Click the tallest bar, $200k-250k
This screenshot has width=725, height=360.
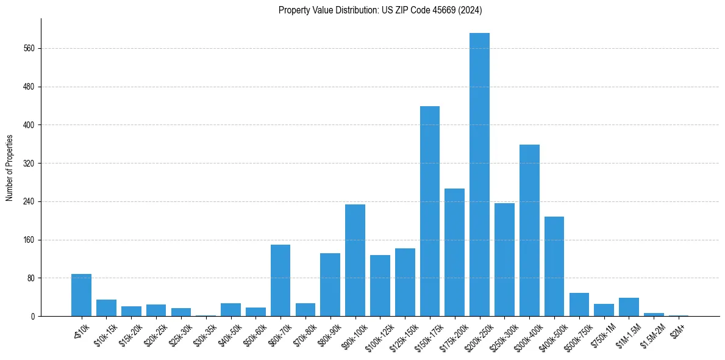(479, 175)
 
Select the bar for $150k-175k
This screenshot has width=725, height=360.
(430, 211)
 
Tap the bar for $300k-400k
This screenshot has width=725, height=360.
(529, 231)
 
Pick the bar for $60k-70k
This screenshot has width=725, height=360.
(280, 281)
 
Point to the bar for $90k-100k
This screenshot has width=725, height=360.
(355, 261)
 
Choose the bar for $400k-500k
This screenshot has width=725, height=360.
(554, 267)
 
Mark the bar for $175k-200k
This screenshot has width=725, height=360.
(454, 253)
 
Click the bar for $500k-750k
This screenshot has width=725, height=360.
(579, 304)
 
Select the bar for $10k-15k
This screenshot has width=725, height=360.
(106, 308)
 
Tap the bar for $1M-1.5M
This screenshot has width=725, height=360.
(629, 307)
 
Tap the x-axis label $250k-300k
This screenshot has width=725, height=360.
(502, 333)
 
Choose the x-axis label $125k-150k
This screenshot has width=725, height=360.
(402, 333)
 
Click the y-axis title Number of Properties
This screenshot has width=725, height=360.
(9, 168)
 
